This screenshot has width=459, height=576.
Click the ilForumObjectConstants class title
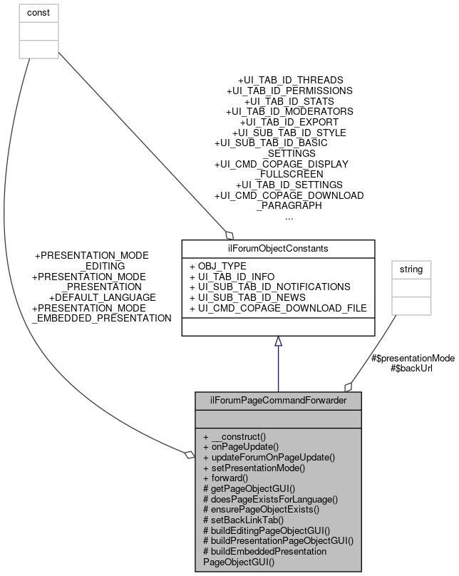[278, 249]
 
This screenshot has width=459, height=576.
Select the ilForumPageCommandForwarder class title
[278, 401]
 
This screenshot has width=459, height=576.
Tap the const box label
[28, 13]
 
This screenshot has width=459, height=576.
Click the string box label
[411, 270]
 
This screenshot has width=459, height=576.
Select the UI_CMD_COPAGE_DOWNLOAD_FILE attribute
[278, 308]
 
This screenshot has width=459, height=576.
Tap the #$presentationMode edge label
[413, 358]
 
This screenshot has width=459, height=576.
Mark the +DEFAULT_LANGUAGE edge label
[102, 297]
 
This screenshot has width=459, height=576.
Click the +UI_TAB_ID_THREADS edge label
[290, 80]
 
